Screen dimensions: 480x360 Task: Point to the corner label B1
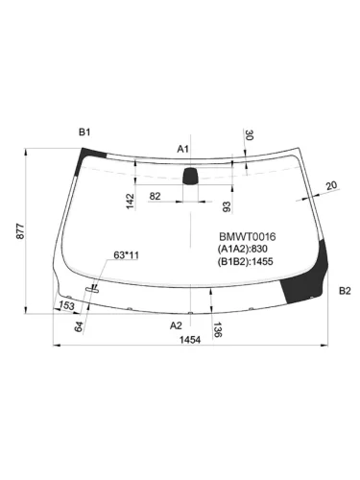[84, 131]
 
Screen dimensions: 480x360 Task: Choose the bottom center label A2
[177, 325]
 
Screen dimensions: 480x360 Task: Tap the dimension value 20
[331, 185]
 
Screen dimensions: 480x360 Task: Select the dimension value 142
[129, 199]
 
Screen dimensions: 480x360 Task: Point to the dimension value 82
[156, 196]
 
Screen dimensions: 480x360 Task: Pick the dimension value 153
[66, 306]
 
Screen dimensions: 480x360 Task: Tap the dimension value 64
[81, 326]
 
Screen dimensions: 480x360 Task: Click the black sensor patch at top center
[191, 175]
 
